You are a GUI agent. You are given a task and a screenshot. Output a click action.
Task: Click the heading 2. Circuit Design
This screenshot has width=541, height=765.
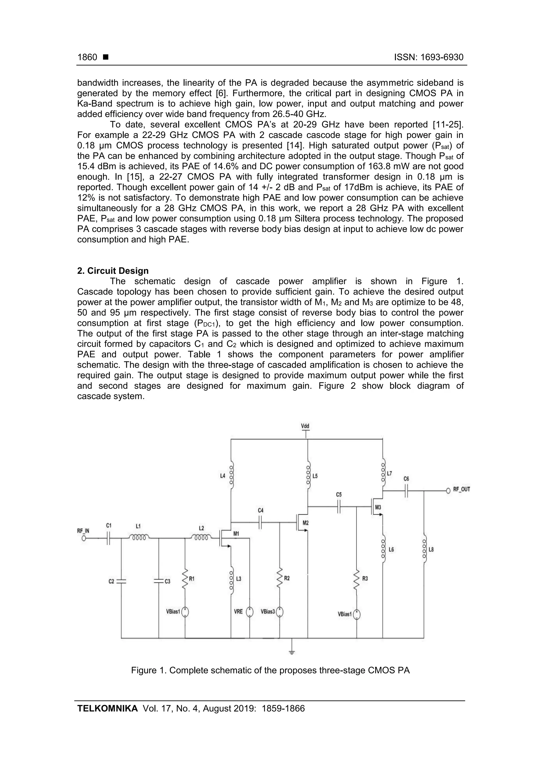pos(113,271)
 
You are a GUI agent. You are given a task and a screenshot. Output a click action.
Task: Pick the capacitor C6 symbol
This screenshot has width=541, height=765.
pos(406,491)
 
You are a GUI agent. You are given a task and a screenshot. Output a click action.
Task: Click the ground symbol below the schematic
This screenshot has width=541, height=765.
pos(292,652)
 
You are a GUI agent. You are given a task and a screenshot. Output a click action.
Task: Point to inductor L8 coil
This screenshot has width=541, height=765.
pos(424,550)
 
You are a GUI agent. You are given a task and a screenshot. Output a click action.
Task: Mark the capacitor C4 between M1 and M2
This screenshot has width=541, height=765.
pos(261,522)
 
